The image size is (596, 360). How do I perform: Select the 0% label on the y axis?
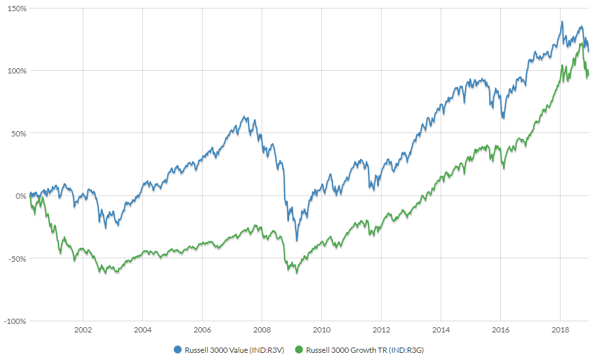20,195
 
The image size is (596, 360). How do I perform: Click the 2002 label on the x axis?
83,330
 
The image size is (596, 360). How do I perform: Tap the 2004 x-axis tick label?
142,330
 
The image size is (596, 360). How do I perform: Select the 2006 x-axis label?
202,330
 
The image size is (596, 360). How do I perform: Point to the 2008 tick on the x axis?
262,330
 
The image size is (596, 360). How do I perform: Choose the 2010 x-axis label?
321,330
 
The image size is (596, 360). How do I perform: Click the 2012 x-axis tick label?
381,330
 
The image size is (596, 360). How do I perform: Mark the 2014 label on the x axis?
441,330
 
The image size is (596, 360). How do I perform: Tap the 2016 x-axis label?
501,330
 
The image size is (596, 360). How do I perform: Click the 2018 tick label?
561,330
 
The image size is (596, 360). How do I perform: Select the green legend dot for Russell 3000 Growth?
300,350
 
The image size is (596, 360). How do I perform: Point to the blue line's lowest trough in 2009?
296,240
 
